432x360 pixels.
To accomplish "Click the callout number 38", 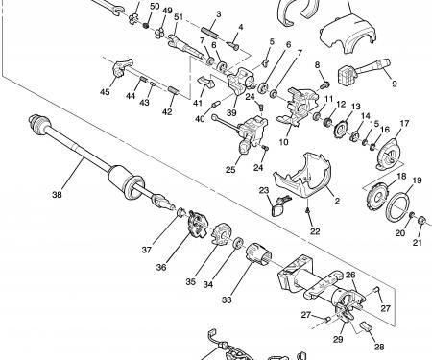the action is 57,194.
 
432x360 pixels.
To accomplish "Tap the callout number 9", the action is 395,84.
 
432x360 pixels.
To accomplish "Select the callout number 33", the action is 227,300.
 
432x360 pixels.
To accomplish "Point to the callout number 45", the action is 105,92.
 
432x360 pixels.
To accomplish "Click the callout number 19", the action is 417,180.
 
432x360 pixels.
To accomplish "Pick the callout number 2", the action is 337,201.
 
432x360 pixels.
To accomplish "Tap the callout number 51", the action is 179,17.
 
